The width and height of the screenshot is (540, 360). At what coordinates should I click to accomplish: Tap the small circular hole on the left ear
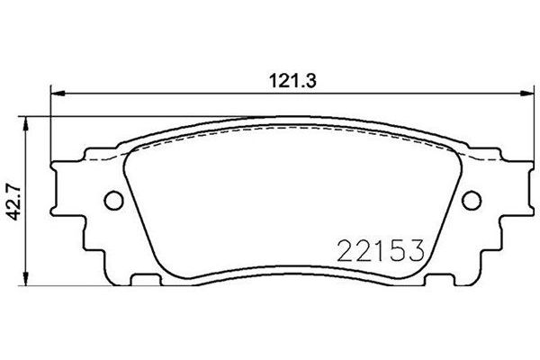coord(112,199)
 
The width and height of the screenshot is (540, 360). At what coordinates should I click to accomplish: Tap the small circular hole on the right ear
coord(472,199)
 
